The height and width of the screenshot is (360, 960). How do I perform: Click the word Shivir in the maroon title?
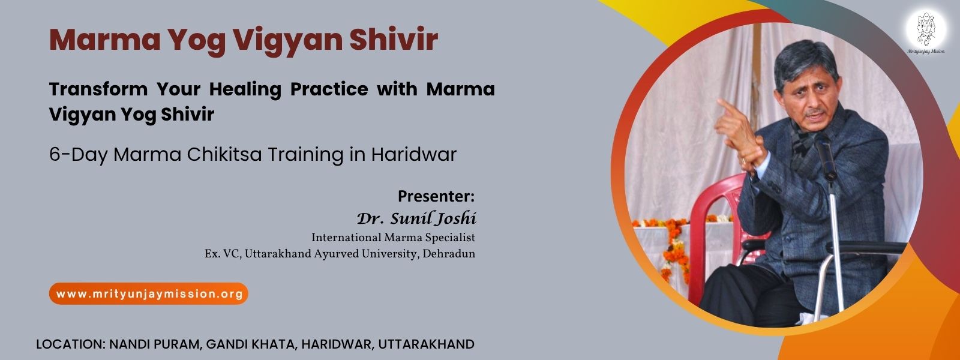pos(394,40)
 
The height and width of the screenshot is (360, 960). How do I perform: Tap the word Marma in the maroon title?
pos(105,40)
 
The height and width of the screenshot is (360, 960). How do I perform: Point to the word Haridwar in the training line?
pos(414,154)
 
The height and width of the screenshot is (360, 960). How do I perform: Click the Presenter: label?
pos(436,196)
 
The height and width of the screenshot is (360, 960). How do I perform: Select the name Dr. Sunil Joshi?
pos(416,218)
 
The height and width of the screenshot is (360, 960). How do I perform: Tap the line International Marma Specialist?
pos(394,238)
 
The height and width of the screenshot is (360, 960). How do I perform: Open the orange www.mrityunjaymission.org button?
pos(149,294)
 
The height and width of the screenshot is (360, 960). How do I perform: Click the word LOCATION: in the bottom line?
pos(71,344)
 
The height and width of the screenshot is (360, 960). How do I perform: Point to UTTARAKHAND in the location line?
pos(426,344)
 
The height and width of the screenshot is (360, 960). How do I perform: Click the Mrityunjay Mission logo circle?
pos(926,29)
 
